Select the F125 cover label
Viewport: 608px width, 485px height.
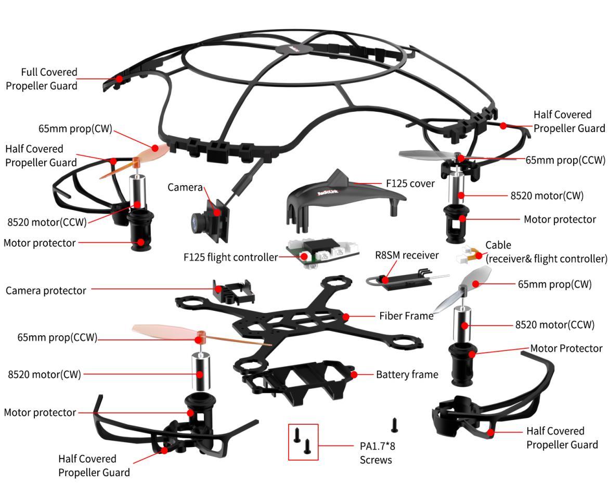pos(410,183)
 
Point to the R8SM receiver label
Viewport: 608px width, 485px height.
pos(407,255)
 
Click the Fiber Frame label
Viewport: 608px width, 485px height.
pos(406,316)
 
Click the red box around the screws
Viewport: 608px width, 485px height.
pos(303,442)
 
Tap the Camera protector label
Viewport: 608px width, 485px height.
pos(46,291)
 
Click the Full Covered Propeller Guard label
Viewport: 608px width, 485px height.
pos(42,79)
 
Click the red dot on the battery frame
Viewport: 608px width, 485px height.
pos(354,374)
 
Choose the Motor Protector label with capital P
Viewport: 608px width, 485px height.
pos(566,348)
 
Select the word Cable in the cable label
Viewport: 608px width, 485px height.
pos(498,245)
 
